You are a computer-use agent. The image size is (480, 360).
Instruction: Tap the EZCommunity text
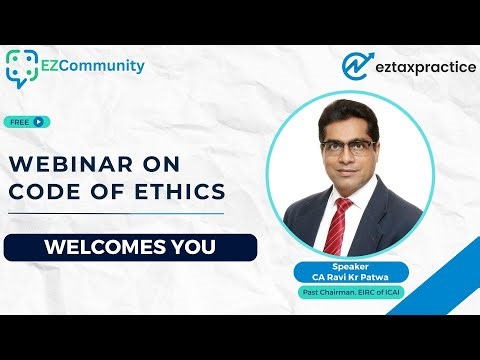point(93,67)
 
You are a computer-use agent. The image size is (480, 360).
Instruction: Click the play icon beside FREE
point(38,122)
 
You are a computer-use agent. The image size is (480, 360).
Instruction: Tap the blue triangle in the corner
point(455,285)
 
